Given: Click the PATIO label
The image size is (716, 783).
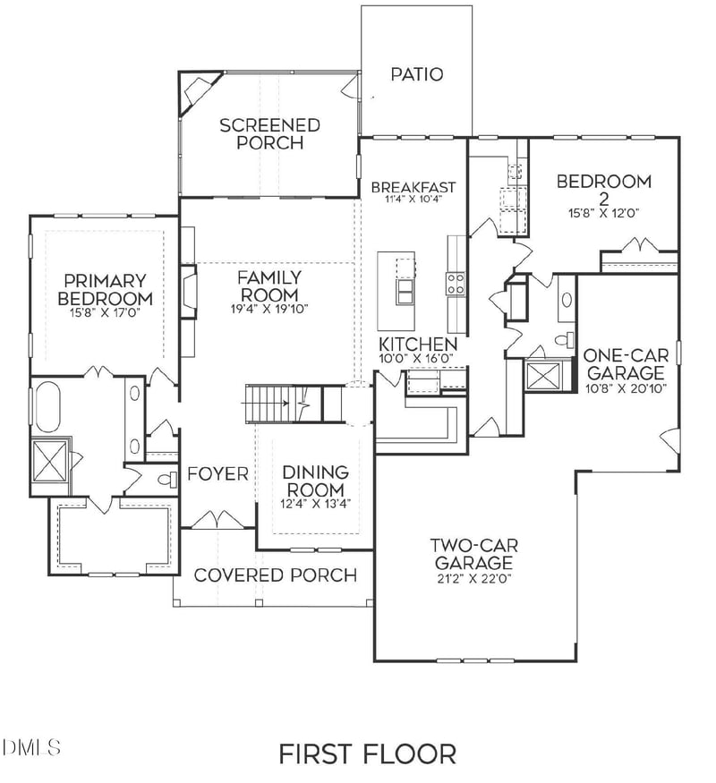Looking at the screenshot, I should (416, 74).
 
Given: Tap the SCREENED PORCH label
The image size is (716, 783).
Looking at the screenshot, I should (269, 134).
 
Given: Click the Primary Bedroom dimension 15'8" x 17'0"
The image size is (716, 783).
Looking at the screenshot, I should (105, 314).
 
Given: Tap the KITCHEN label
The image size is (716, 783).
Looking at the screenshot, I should (418, 345).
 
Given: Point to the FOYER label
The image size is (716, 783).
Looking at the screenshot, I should (217, 474).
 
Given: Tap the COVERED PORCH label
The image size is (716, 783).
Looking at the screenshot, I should (275, 574).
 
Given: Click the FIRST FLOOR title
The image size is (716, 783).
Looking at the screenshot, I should (367, 753).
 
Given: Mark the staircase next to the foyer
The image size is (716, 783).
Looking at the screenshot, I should (282, 404).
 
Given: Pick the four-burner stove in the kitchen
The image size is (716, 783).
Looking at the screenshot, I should (455, 284).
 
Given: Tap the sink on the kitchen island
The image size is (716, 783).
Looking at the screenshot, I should (405, 293).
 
